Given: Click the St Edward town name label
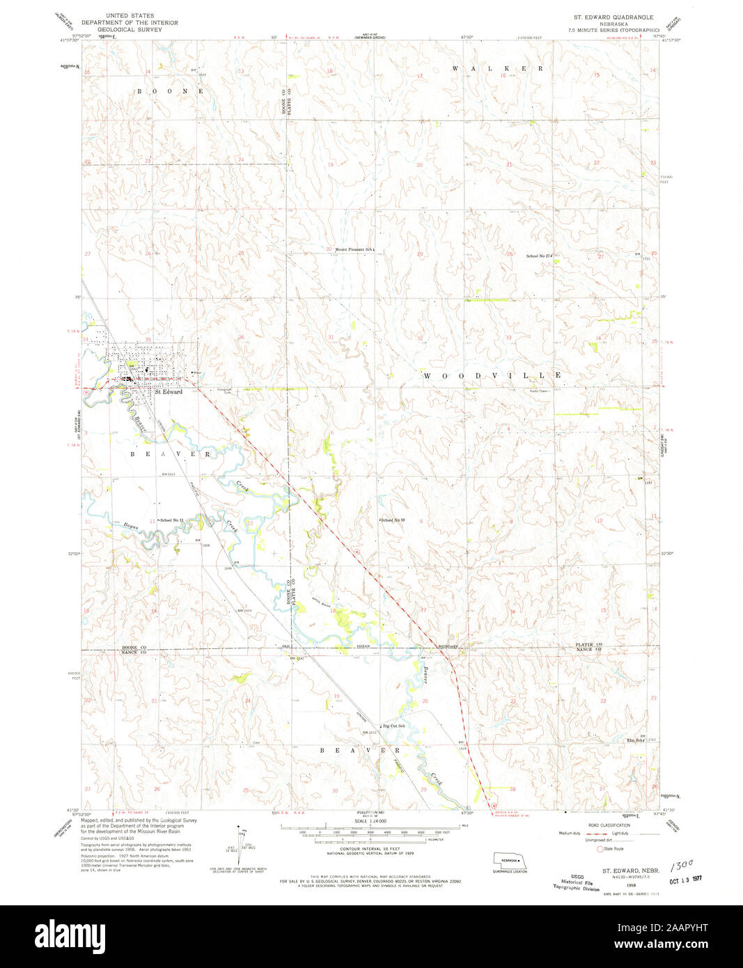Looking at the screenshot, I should point(168,392).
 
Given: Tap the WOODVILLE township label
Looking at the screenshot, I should point(492,375).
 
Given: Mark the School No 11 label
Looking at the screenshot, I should point(171,520).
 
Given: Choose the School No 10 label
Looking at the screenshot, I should point(393,520).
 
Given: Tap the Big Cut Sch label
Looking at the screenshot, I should point(393,726).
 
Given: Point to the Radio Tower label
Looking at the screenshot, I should point(539,391).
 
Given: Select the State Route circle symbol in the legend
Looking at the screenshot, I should point(600,849).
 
